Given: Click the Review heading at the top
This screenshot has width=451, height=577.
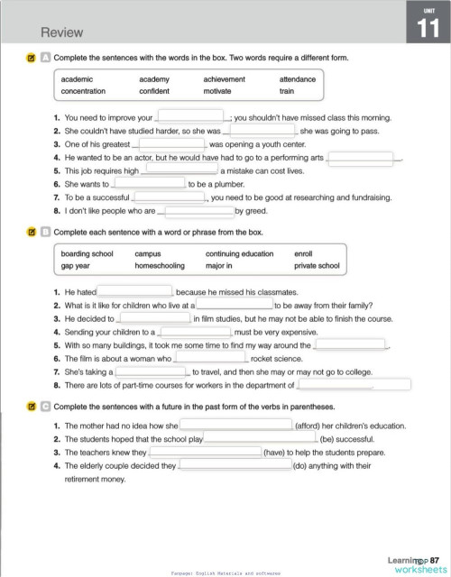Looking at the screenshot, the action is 61,32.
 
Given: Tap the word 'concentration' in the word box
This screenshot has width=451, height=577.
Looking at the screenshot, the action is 83,91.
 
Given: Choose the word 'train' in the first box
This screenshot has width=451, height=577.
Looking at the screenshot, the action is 286,91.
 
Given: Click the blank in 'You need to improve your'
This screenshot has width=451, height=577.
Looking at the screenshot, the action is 191,116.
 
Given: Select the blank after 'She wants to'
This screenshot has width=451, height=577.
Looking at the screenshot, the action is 150,183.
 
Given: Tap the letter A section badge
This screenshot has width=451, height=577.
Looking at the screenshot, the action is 44,59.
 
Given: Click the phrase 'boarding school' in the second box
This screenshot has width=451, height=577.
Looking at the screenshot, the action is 87,254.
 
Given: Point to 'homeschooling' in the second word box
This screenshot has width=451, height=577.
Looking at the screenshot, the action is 160,266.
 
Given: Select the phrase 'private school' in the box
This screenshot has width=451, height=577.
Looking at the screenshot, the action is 317,266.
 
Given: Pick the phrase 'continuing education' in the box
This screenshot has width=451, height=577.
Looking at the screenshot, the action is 239,254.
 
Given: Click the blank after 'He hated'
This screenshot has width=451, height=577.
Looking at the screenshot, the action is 135,291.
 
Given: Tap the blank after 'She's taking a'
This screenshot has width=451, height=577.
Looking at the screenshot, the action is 151,371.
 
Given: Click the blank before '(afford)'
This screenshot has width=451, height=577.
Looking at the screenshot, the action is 236,425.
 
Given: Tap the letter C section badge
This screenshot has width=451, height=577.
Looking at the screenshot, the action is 44,407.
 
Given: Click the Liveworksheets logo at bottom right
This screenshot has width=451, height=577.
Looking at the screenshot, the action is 415,564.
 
